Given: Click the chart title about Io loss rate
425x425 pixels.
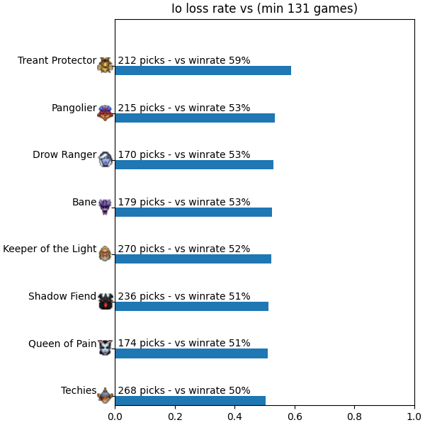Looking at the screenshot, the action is coord(264,8).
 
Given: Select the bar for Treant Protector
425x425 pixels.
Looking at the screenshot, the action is coord(203,70).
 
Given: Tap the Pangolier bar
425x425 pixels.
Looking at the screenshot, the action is coord(195,118).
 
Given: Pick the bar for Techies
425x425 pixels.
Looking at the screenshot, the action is coord(191,401).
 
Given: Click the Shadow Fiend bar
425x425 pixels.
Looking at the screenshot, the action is coord(192,306).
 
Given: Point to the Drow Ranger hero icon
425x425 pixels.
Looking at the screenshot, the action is coord(105,159).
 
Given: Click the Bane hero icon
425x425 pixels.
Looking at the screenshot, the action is coord(105,207).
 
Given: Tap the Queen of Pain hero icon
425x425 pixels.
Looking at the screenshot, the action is coord(105,347).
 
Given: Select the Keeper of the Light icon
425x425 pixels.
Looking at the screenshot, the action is coord(105,254).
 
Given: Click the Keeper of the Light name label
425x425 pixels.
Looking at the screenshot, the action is coord(50,249).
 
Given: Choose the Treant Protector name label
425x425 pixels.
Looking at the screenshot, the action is coord(57,60).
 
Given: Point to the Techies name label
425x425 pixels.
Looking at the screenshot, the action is coord(79,390).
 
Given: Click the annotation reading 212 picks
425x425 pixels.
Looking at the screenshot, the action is coord(184,60).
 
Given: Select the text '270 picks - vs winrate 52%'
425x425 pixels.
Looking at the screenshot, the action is coord(184,249).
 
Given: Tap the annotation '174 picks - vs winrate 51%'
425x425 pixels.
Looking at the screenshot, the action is coord(184,343).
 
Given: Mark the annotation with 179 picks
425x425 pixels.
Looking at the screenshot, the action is coord(184,202).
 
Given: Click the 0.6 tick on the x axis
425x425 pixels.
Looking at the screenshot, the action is coord(295,416).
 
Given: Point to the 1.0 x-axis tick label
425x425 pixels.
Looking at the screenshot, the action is coord(414,416).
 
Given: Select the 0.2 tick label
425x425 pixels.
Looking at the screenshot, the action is coord(175,416).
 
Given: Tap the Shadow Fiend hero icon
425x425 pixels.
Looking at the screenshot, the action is coord(105,301).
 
